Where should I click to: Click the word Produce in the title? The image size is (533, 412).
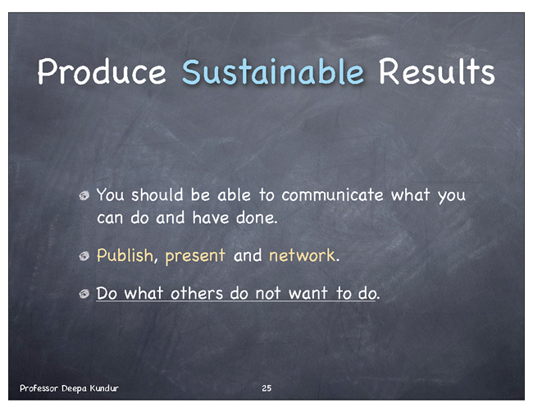102,72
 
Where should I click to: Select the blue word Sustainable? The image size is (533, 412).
273,71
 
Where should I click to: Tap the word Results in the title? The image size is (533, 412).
437,71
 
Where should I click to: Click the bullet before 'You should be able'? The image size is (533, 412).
84,195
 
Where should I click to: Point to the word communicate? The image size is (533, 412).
332,195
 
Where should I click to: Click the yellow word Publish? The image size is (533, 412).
125,255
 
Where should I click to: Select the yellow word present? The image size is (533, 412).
195,256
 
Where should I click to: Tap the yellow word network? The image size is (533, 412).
303,255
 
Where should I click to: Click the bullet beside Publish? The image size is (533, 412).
84,256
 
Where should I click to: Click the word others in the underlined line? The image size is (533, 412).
197,293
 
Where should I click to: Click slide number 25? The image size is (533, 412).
266,388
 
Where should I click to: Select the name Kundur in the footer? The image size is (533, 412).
104,388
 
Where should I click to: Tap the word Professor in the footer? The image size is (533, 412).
39,388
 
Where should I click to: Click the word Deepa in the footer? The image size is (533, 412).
74,388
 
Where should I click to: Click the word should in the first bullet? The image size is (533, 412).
157,195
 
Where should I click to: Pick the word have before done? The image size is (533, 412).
211,217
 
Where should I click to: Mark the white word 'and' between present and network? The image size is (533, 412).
248,255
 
